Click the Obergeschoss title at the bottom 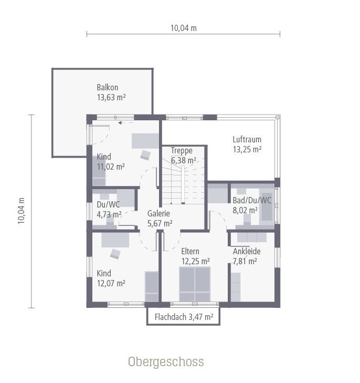165,362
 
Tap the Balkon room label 107,88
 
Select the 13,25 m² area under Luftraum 247,149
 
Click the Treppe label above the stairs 182,150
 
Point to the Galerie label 158,213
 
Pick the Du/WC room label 109,204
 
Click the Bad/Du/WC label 252,200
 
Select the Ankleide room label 247,251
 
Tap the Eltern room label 190,252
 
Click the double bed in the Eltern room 195,284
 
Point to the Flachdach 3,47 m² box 183,317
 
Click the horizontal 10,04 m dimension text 183,28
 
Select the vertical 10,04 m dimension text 22,211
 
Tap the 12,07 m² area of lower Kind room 111,283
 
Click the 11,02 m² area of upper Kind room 111,167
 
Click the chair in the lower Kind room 115,254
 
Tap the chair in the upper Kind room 145,154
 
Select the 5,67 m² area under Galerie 160,223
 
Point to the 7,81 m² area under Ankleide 245,261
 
